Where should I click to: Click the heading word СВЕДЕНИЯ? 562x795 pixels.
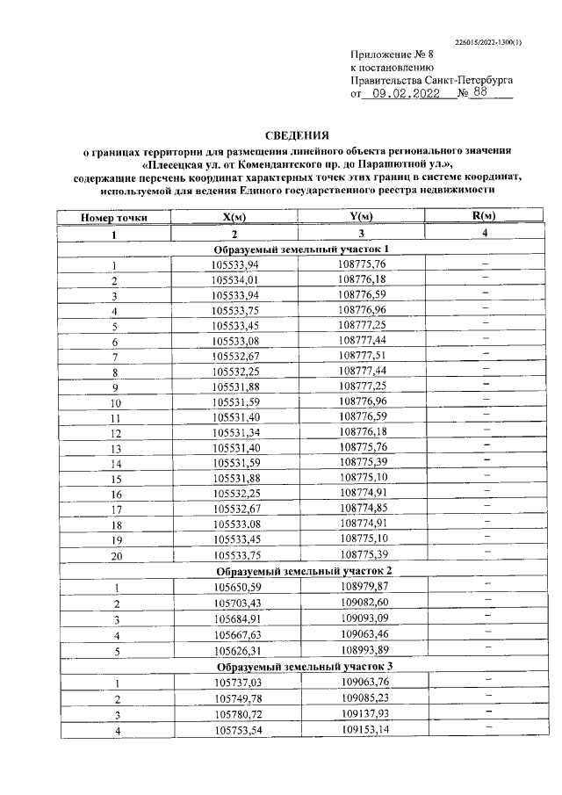[x=298, y=135]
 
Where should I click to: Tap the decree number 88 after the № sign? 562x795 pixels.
[x=479, y=94]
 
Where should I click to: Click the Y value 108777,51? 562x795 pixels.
[x=362, y=356]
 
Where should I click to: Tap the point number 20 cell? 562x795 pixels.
[x=114, y=555]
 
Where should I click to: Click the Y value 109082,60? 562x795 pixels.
[x=362, y=603]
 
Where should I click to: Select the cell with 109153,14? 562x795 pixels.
[x=362, y=730]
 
